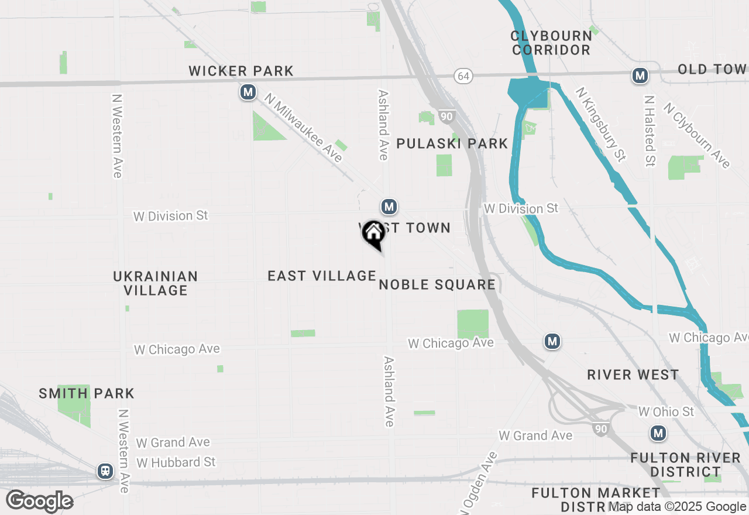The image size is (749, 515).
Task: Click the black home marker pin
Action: pyautogui.click(x=373, y=234)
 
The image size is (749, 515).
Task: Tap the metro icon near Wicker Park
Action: pyautogui.click(x=248, y=92)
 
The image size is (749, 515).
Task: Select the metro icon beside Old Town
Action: pyautogui.click(x=640, y=75)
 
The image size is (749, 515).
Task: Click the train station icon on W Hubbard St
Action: pyautogui.click(x=105, y=471)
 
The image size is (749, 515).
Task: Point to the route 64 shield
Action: pyautogui.click(x=463, y=76)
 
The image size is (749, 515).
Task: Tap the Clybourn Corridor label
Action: pyautogui.click(x=551, y=43)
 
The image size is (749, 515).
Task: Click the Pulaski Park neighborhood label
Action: pyautogui.click(x=452, y=143)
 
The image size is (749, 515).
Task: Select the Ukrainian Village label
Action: pyautogui.click(x=156, y=283)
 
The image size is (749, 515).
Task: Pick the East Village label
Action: pyautogui.click(x=322, y=276)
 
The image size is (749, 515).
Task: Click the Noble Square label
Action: pyautogui.click(x=437, y=285)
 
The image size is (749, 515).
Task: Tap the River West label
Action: pyautogui.click(x=633, y=375)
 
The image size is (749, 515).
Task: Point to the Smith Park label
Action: pyautogui.click(x=87, y=393)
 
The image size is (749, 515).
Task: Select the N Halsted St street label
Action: pyautogui.click(x=649, y=131)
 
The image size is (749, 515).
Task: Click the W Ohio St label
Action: pyautogui.click(x=666, y=412)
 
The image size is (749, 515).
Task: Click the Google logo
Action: pyautogui.click(x=39, y=501)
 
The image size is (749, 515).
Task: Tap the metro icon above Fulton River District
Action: pyautogui.click(x=659, y=434)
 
